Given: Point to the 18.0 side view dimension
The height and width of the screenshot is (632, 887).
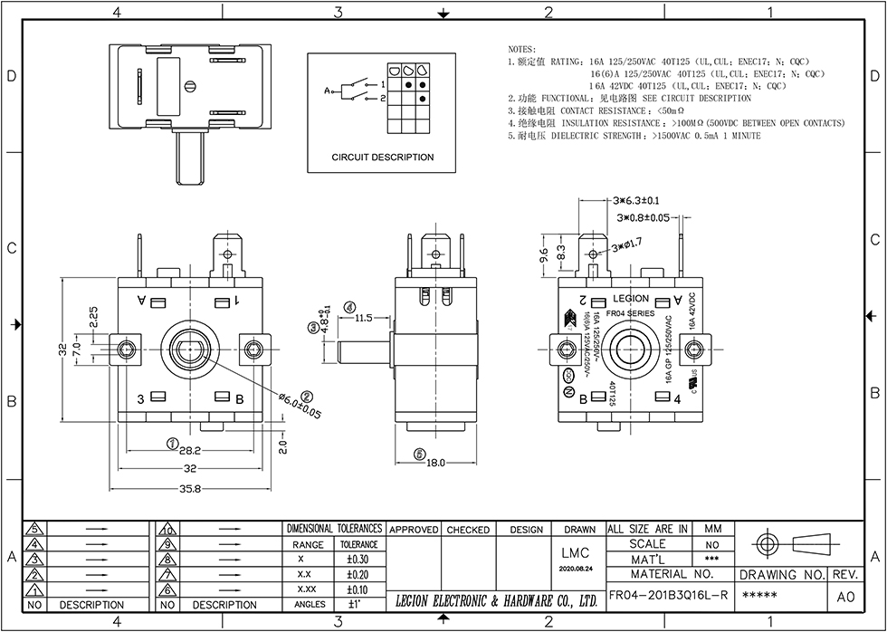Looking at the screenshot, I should pos(437,463).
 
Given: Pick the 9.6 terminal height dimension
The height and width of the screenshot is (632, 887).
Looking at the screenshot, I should pos(543,256).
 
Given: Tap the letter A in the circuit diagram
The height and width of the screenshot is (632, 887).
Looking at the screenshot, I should pos(327,91).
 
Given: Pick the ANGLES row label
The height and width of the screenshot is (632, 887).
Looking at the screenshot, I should pos(310,604).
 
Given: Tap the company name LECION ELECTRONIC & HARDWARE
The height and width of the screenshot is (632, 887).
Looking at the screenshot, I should pos(496,600).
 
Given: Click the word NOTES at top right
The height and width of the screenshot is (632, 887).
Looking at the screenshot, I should pos(522,48).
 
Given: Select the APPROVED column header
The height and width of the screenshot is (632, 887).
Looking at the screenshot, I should pos(414,530).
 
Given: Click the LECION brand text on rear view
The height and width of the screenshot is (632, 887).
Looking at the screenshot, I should pos(631,298).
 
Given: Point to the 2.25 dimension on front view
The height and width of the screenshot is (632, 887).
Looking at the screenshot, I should pos(94,316).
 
